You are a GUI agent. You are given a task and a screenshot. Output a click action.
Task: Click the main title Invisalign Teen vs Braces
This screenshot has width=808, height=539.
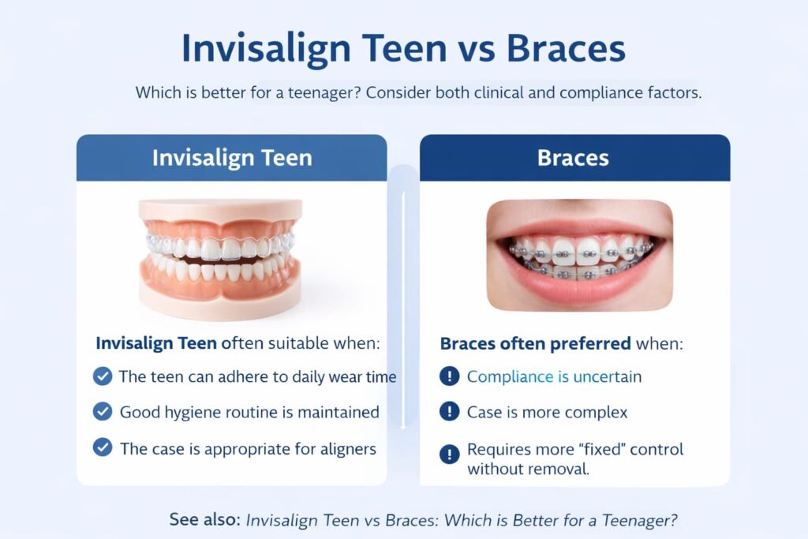(x=403, y=49)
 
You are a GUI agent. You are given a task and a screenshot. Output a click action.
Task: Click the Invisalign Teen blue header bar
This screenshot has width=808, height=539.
(x=231, y=158)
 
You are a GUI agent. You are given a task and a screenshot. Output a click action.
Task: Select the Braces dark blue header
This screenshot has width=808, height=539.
(x=574, y=158)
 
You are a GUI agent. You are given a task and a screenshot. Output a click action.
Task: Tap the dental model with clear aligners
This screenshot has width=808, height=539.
(x=221, y=257)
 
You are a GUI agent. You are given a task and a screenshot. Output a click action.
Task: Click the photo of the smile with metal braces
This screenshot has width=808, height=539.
(x=579, y=254)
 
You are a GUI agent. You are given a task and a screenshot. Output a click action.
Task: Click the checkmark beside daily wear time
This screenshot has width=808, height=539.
(x=103, y=376)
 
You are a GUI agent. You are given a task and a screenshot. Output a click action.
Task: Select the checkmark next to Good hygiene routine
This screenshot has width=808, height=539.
(x=103, y=412)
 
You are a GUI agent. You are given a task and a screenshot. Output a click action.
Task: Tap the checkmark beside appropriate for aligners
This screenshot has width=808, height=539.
(x=103, y=447)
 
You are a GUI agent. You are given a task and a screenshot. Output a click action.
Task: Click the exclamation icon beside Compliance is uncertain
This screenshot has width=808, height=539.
(x=449, y=376)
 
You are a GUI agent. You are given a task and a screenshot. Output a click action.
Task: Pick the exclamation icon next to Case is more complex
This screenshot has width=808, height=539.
(x=449, y=412)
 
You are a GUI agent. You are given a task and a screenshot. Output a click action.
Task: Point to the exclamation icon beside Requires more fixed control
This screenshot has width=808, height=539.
(x=449, y=454)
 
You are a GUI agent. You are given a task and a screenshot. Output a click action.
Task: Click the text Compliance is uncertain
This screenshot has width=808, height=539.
(x=554, y=377)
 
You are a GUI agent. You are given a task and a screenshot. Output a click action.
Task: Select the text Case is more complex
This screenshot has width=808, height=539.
(x=547, y=412)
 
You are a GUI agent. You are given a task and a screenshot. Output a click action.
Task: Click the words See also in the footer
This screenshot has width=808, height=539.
(x=204, y=520)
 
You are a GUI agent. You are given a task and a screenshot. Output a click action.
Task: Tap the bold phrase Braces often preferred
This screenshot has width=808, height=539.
(x=534, y=344)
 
